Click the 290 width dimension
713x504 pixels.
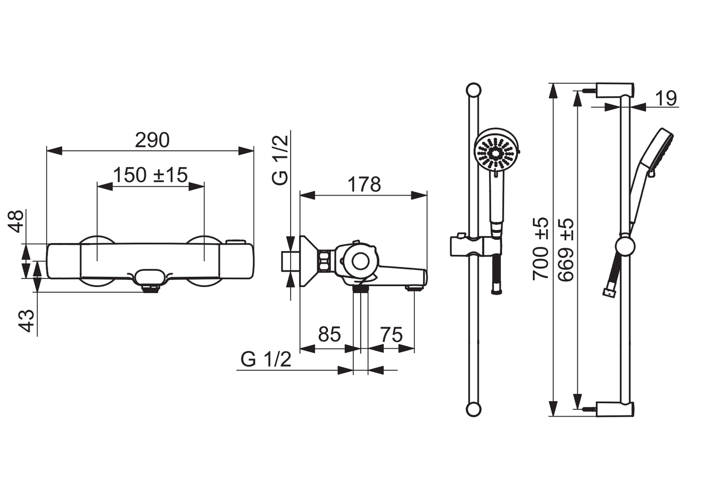point(152,140)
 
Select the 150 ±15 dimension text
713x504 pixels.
point(151,175)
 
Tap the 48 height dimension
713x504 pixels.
point(16,221)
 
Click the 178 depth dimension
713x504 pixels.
point(364,184)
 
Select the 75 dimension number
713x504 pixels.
point(391,335)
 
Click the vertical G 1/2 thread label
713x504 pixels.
point(280,160)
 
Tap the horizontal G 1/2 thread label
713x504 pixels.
point(266,359)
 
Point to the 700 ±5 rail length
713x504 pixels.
point(540,249)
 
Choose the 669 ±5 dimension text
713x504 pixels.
point(566,250)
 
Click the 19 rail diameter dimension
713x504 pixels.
point(666,98)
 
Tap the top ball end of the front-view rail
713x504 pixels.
point(473,90)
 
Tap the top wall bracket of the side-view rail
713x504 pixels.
point(615,90)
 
